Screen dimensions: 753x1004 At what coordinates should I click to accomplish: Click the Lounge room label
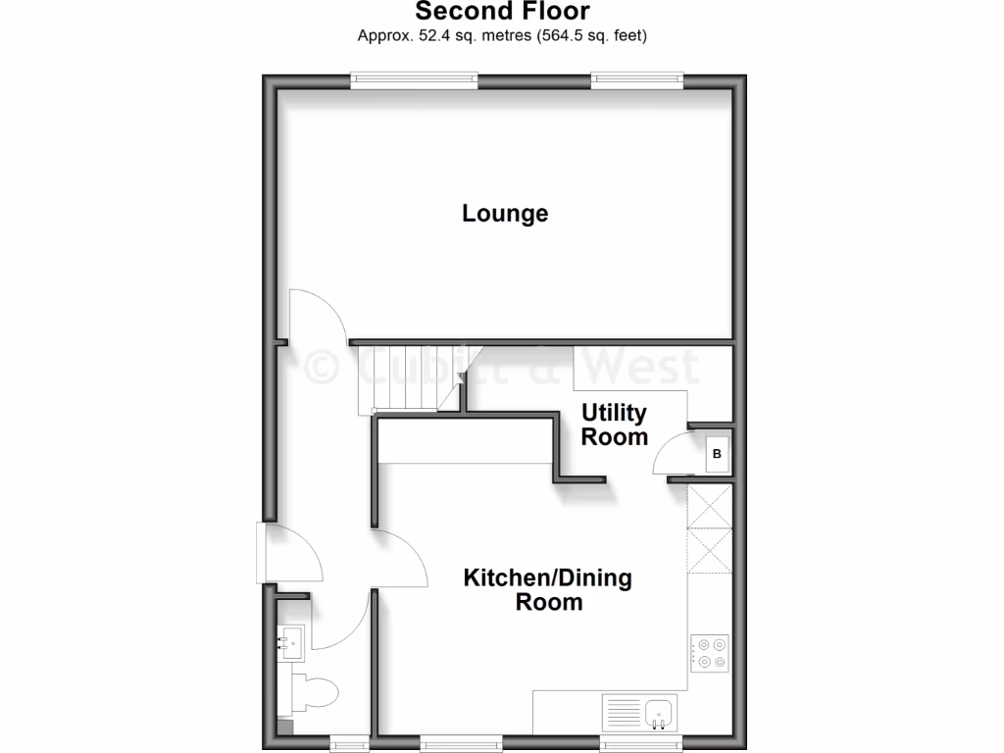click(x=505, y=213)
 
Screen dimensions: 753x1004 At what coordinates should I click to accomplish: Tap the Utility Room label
click(x=614, y=425)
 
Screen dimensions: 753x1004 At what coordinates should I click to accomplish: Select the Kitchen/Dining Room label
click(x=547, y=589)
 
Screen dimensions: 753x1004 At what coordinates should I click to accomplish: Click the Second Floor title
click(x=502, y=12)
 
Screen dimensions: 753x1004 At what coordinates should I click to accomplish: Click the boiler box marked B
click(x=717, y=454)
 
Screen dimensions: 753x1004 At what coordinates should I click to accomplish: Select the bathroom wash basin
click(x=291, y=642)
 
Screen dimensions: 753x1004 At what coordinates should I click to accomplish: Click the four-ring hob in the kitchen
click(x=711, y=653)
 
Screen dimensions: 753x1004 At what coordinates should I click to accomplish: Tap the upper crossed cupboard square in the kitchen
click(x=711, y=506)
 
